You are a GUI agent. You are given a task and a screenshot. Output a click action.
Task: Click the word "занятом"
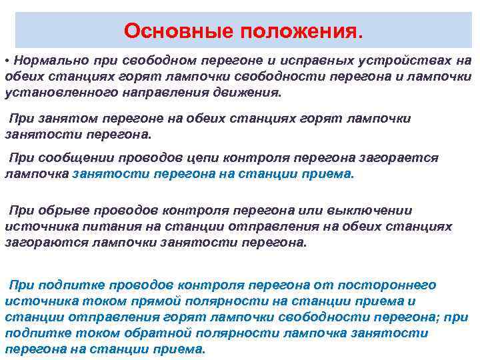[66, 118]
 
